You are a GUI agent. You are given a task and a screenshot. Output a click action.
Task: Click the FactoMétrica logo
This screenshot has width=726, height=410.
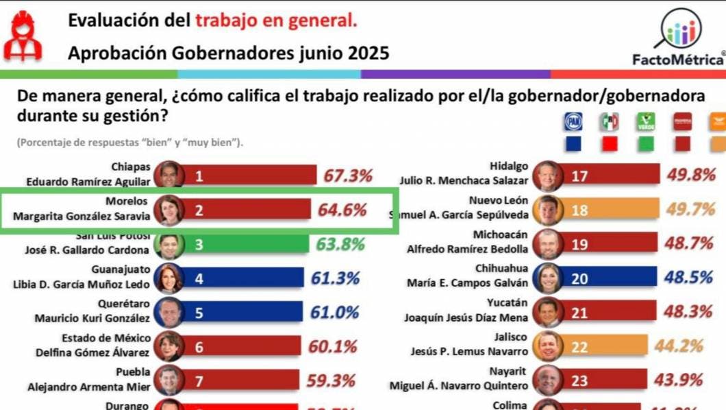[x=678, y=38]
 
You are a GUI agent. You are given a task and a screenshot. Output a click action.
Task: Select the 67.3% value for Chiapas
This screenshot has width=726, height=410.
[x=348, y=176]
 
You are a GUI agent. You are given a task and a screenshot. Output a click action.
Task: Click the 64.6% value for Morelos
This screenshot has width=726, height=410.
[x=342, y=210]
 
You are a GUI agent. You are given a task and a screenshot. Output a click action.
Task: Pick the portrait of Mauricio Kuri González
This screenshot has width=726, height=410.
[x=169, y=312]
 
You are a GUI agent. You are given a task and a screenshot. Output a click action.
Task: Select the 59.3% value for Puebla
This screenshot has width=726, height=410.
[x=331, y=380]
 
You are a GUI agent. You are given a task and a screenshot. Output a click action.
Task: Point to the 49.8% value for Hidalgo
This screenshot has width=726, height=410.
[x=691, y=176]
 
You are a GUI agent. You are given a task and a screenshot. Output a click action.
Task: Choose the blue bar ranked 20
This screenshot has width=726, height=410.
[x=606, y=278]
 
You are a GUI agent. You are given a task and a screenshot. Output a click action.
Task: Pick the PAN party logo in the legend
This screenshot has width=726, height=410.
[x=573, y=122]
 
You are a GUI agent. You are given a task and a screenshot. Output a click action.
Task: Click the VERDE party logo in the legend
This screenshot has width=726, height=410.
[x=646, y=122]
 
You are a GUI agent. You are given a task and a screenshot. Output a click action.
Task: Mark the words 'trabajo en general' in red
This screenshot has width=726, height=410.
[x=276, y=21]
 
